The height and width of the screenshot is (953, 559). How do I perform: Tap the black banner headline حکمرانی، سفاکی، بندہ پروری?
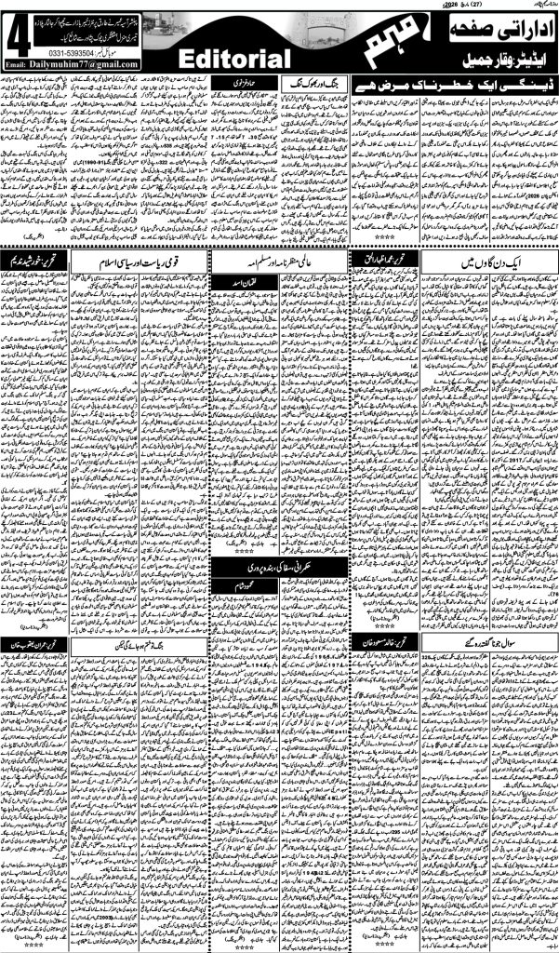(x=278, y=565)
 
